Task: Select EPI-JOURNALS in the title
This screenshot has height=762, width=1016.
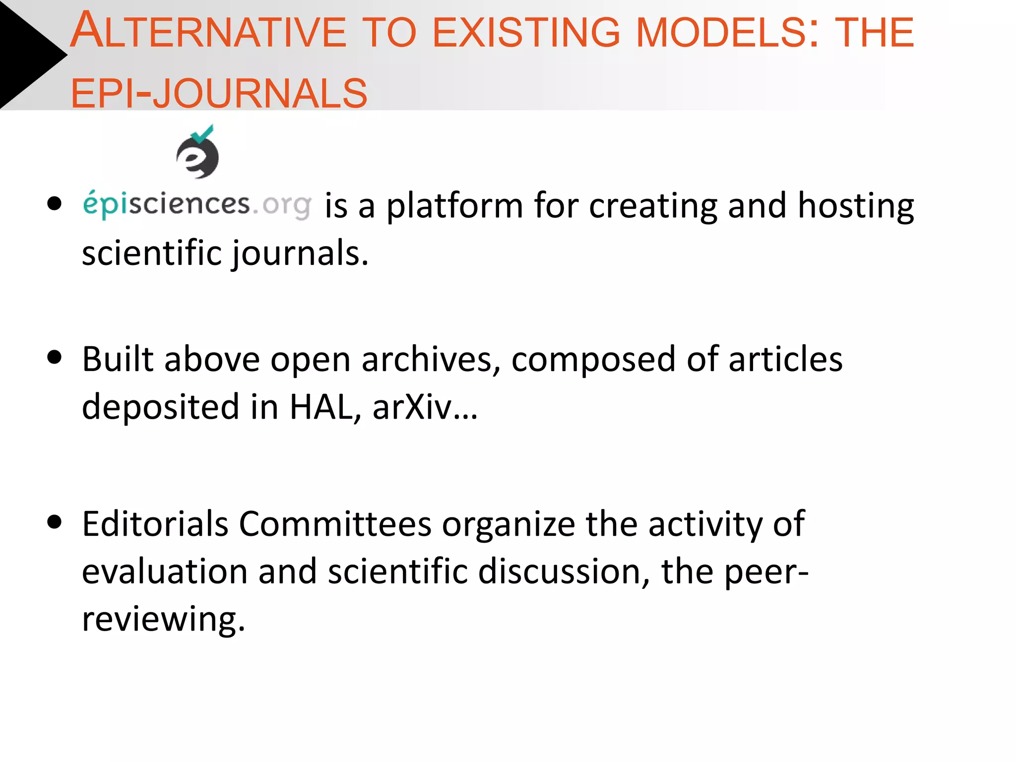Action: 219,93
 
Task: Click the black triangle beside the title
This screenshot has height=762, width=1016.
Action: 27,55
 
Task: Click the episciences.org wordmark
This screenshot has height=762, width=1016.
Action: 197,204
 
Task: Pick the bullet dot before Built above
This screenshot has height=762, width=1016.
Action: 54,358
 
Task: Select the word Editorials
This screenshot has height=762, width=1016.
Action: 155,524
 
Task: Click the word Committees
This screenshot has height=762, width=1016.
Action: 335,524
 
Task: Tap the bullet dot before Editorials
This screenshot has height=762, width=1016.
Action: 54,522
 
